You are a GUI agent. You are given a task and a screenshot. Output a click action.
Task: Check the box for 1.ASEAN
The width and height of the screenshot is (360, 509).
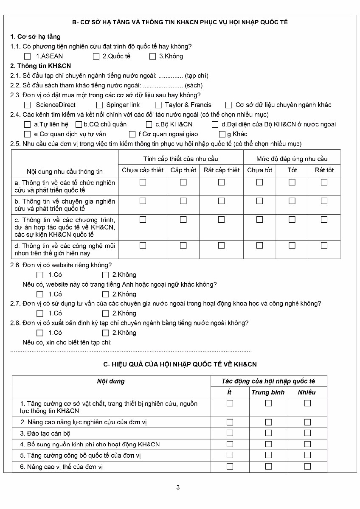click(28, 56)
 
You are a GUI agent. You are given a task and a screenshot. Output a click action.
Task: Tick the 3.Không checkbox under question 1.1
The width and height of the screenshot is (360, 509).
click(153, 56)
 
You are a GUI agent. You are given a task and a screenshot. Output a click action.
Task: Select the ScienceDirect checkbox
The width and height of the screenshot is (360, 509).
click(28, 105)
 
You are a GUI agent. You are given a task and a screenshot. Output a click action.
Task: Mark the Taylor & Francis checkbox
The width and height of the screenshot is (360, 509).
click(158, 105)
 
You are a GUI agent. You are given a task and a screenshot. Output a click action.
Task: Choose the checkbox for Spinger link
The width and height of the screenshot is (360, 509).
click(100, 105)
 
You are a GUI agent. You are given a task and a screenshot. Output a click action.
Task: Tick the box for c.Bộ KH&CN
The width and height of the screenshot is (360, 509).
click(149, 124)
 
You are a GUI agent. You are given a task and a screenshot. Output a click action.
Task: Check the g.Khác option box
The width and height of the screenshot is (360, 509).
click(222, 134)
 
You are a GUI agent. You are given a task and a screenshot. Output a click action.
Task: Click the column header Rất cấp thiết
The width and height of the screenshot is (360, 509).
click(221, 170)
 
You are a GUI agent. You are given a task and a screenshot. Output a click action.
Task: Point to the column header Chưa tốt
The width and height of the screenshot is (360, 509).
click(259, 170)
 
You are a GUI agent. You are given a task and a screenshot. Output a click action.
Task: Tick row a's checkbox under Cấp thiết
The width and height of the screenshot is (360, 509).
click(183, 182)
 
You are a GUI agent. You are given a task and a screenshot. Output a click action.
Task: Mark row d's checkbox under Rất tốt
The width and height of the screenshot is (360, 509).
click(324, 245)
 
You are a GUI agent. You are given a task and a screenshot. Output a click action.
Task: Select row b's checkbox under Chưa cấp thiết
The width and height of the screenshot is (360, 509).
click(143, 201)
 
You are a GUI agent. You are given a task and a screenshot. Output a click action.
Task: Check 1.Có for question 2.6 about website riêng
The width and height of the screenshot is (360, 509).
click(40, 275)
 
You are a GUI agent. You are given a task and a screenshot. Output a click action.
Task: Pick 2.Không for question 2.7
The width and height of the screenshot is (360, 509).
click(106, 313)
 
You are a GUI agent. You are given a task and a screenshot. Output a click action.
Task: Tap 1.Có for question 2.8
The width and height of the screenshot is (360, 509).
click(40, 333)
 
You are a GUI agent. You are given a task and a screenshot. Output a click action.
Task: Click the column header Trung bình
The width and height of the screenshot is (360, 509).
click(268, 392)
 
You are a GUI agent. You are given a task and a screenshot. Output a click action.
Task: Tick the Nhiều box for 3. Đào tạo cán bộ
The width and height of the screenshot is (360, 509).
click(307, 433)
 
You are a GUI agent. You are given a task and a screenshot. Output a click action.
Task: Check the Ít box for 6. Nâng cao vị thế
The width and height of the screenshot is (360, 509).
click(230, 467)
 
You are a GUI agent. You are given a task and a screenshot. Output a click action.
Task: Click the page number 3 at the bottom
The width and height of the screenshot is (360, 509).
click(178, 487)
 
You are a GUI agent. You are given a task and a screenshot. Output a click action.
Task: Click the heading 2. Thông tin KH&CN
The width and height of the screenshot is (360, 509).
click(40, 66)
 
